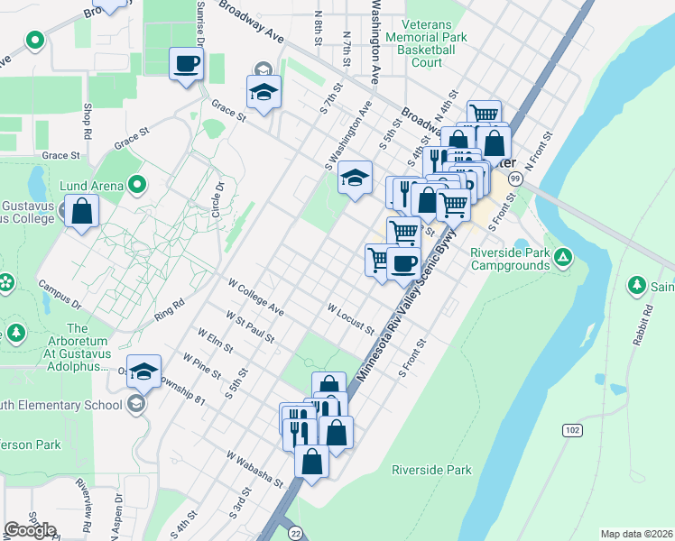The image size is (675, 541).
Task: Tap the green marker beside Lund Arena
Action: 137,186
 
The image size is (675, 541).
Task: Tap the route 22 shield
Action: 295,534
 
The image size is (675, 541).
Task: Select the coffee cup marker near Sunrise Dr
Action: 187,64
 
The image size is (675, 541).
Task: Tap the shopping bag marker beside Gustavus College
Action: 81,212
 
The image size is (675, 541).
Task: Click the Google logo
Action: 31,530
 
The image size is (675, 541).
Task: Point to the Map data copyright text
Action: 635,534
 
